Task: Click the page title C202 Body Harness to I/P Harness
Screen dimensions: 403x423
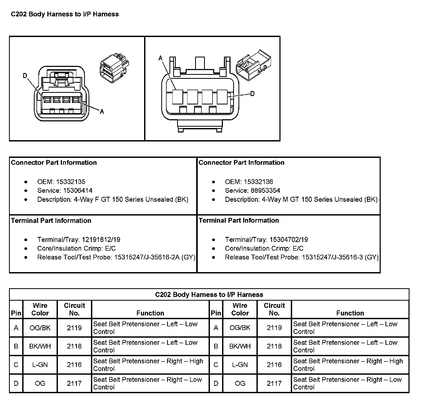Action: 65,14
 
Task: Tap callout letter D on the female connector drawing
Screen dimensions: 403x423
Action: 25,76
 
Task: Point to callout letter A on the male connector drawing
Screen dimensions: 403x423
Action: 160,58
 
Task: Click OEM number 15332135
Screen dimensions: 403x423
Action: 71,182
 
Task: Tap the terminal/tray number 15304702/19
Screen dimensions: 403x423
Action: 289,240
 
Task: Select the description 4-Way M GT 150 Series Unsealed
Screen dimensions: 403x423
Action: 312,199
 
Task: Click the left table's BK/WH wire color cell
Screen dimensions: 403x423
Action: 40,346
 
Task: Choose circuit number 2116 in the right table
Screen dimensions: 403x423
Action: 274,365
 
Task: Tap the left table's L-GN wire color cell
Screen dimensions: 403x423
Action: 40,365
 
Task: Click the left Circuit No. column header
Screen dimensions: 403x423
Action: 74,309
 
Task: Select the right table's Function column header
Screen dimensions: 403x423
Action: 350,313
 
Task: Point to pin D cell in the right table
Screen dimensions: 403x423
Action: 216,383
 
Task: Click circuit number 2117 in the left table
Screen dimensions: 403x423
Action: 74,383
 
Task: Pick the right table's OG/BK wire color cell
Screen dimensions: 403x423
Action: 240,328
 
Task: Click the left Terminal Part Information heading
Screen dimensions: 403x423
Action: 51,221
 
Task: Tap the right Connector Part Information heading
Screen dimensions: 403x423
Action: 241,162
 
